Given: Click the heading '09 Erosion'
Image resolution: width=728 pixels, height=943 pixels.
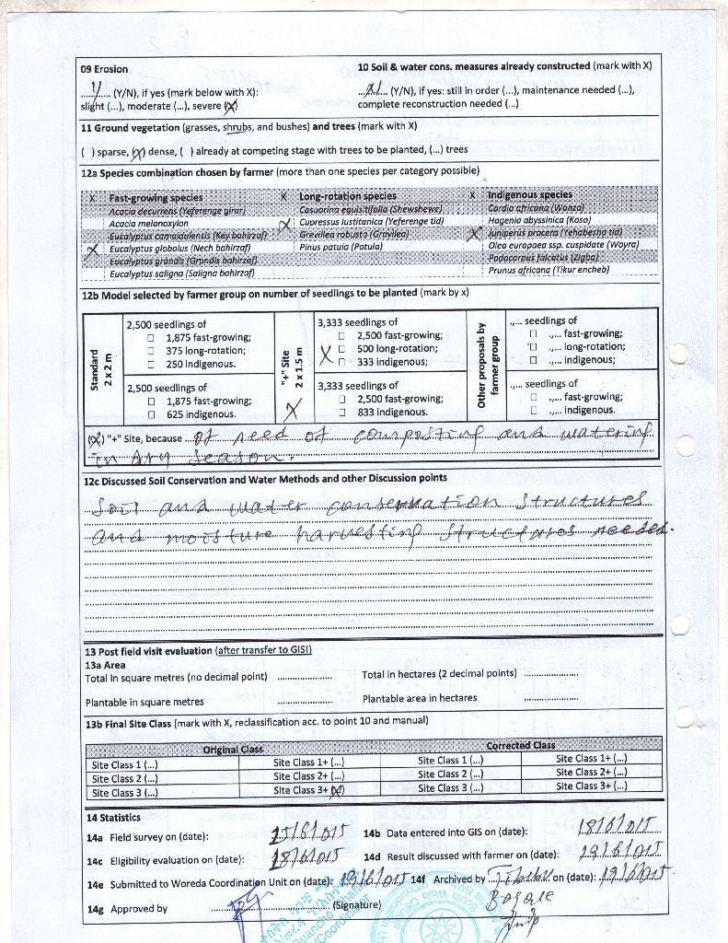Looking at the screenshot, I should coord(104,69).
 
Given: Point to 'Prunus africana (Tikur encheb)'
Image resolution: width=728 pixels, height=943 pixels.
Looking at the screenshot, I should coord(548,270).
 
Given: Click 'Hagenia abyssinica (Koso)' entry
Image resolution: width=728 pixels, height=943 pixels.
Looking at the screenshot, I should coord(538,220).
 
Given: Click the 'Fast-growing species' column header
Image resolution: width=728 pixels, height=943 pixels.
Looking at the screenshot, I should coord(156,198).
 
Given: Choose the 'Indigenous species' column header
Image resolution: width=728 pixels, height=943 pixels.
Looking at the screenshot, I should coord(530,195).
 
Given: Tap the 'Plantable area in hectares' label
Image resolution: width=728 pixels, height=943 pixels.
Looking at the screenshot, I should coord(420,698).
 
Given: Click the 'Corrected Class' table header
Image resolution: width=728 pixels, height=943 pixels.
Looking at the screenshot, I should coord(520,745).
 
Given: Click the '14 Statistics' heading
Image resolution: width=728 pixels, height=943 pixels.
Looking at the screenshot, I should coord(113,818).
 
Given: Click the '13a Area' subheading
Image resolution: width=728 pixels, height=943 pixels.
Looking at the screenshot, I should coord(105,664).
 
